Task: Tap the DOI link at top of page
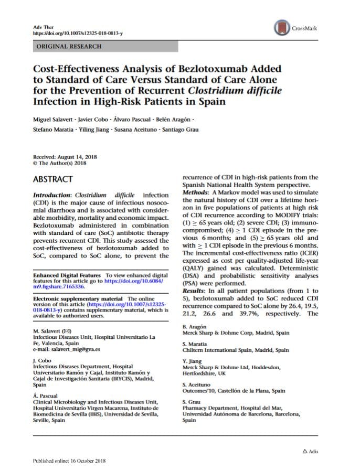(78, 33)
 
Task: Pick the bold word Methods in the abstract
(196, 192)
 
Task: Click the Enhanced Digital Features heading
(68, 275)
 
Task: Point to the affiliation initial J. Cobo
(41, 360)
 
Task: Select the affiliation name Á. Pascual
(45, 395)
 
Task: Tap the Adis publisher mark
(310, 451)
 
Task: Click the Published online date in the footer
(69, 461)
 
